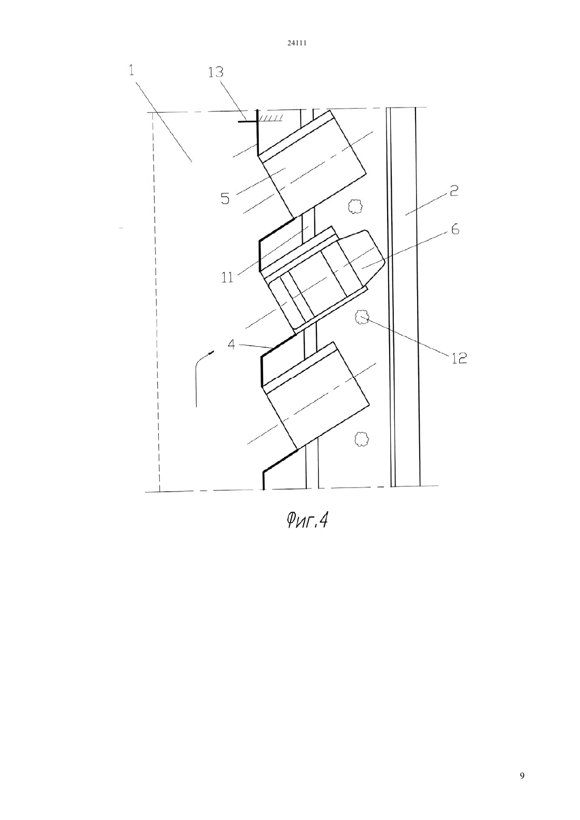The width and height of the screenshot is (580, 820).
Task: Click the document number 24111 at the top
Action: tap(296, 43)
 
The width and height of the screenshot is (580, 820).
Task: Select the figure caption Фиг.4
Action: tap(307, 520)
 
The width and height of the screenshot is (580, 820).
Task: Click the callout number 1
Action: tap(131, 70)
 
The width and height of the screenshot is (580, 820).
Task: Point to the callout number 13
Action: tap(216, 73)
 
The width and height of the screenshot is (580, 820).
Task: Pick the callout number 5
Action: tap(225, 199)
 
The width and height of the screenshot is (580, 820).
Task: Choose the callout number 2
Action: tap(454, 191)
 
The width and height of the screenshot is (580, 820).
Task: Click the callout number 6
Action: tap(455, 230)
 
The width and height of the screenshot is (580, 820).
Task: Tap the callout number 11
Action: tap(227, 278)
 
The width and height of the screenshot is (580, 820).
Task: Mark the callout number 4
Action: tap(231, 345)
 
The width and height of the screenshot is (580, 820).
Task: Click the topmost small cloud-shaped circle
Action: tap(354, 207)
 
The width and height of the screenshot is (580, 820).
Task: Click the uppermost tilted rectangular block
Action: tap(311, 163)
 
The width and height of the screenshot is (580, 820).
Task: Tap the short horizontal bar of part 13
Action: tap(247, 121)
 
